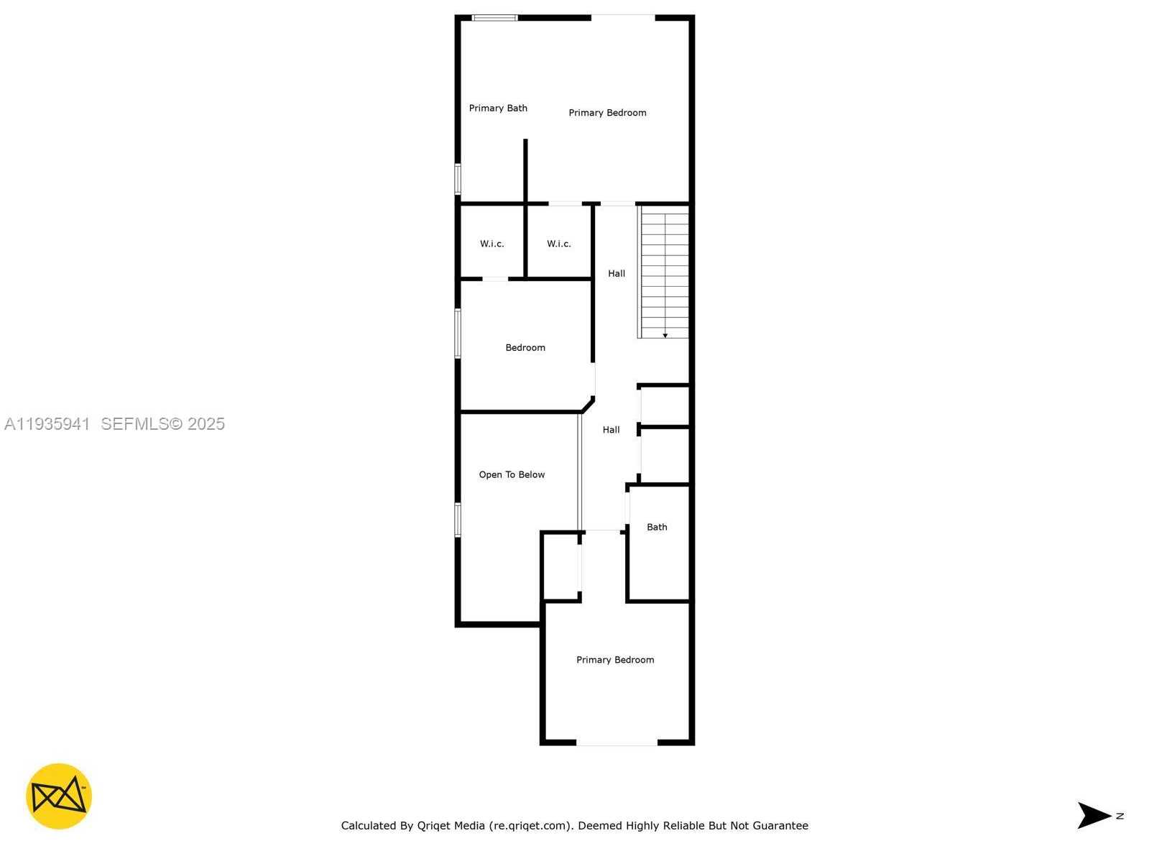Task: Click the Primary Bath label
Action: click(498, 108)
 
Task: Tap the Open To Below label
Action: click(512, 474)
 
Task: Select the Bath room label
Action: click(657, 527)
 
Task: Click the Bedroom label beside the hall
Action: click(525, 347)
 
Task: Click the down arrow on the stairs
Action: click(665, 335)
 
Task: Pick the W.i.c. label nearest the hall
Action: click(558, 244)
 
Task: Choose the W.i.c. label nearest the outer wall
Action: click(492, 244)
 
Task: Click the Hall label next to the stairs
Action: click(617, 273)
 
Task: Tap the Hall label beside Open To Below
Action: click(611, 430)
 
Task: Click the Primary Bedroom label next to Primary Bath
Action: click(607, 113)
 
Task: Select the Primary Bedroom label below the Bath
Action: click(615, 660)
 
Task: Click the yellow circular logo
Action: click(59, 796)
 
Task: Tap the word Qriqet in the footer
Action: click(433, 826)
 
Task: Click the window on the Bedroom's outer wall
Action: click(458, 333)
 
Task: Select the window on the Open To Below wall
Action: click(458, 520)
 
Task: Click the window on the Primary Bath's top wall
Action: click(494, 17)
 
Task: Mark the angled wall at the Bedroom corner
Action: click(588, 405)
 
